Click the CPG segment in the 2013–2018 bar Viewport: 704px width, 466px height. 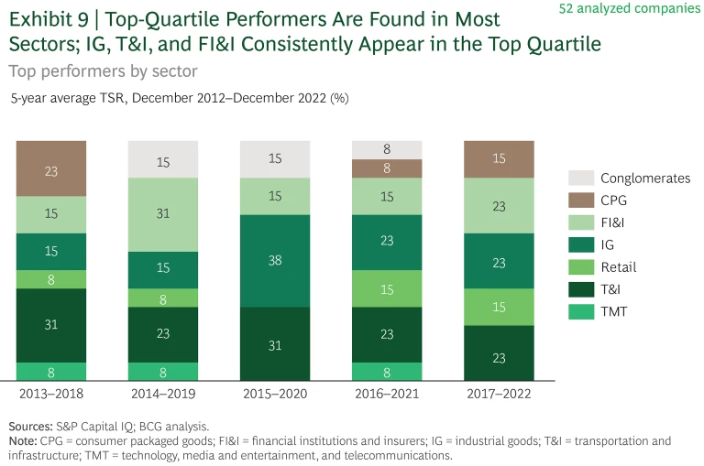tap(51, 169)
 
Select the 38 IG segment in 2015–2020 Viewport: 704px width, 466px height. tap(274, 260)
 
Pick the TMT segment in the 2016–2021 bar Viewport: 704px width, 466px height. tap(387, 372)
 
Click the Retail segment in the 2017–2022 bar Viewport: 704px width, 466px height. tap(499, 307)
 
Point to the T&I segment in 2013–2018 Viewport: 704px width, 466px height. tap(51, 325)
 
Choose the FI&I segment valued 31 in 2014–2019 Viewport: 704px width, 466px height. tap(163, 214)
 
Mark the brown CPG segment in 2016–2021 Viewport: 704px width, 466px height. tap(387, 168)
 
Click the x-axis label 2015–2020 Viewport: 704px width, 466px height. tap(274, 395)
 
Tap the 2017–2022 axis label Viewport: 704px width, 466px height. tap(499, 395)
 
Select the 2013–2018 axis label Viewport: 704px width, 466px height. tap(51, 395)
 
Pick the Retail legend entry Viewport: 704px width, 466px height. tap(618, 266)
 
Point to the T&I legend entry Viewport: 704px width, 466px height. tap(611, 289)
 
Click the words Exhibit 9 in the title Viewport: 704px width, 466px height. tap(50, 19)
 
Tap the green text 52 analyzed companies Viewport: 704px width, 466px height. tap(642, 9)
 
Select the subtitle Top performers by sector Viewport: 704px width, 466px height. tap(103, 70)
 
